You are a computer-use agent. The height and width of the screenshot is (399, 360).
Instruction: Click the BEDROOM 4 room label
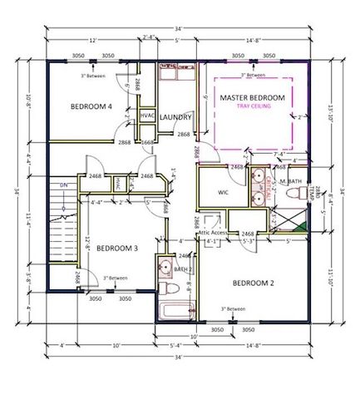tap(91, 106)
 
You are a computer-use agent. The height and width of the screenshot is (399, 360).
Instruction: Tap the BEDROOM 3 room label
tap(116, 248)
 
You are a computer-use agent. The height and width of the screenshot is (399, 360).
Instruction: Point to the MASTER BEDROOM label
tap(252, 97)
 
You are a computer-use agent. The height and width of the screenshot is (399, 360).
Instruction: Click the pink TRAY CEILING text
tap(252, 107)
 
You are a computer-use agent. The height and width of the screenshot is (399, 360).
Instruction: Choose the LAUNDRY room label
tap(176, 117)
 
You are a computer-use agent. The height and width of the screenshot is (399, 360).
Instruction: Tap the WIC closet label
tap(222, 192)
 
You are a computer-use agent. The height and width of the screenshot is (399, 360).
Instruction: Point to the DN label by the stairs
tap(63, 185)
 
